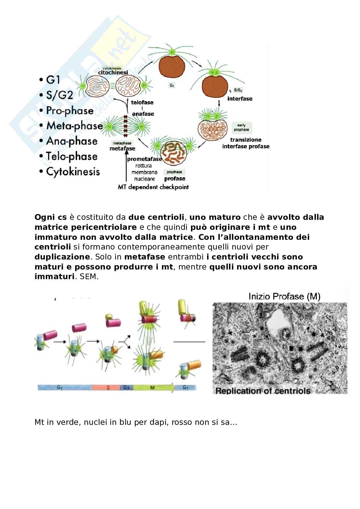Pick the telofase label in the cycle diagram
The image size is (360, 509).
pyautogui.click(x=142, y=103)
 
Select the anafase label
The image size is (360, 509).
pyautogui.click(x=143, y=114)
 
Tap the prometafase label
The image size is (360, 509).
pyautogui.click(x=144, y=159)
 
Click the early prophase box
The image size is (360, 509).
pyautogui.click(x=241, y=127)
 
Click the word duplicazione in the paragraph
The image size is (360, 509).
pyautogui.click(x=62, y=257)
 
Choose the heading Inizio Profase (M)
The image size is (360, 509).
pyautogui.click(x=284, y=296)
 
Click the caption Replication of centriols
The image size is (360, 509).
pyautogui.click(x=263, y=391)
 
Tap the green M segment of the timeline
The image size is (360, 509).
pyautogui.click(x=153, y=387)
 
